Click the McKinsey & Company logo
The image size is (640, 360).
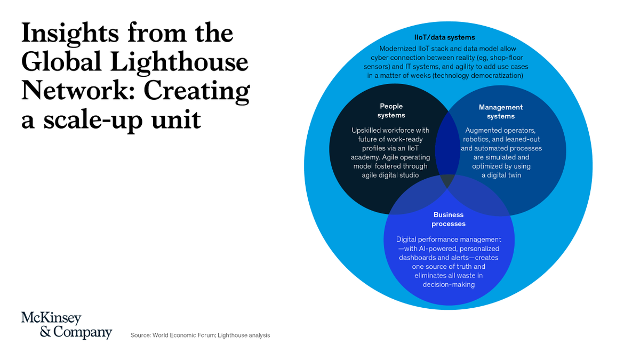[67, 325]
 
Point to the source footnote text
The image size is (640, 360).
[200, 335]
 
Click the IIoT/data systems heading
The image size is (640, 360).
[444, 37]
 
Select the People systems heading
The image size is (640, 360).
[391, 111]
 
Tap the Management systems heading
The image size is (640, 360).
[501, 111]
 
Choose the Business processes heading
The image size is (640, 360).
[449, 219]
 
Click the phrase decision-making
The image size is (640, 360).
[449, 285]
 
